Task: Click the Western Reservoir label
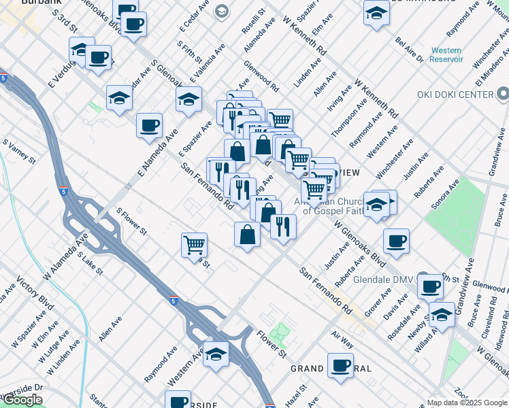[x=446, y=55]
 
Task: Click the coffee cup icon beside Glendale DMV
[x=429, y=286]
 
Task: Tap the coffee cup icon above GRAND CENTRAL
[x=340, y=365]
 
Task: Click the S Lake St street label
[x=90, y=264]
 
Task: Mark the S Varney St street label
[x=19, y=152]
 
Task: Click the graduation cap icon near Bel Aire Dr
[x=376, y=13]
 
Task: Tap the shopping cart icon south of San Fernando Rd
[x=195, y=244]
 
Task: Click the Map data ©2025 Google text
[x=467, y=403]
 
